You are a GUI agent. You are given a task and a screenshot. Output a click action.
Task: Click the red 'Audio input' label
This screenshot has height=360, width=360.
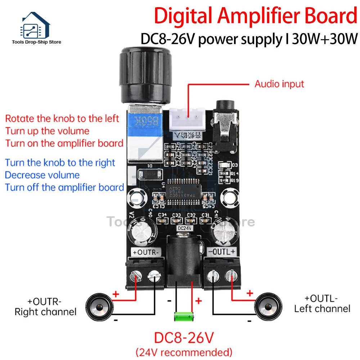pos(279,84)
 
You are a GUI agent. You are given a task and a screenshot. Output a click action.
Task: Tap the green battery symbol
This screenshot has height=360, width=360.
pos(184,317)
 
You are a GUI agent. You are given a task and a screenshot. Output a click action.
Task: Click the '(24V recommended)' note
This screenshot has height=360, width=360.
pos(184,351)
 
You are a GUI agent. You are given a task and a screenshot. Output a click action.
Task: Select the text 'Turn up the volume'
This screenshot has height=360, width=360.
pos(47,131)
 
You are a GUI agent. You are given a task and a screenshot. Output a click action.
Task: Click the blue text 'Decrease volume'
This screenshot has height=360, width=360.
pos(42,175)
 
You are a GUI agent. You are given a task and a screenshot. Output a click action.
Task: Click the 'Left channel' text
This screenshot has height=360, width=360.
pos(322,309)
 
